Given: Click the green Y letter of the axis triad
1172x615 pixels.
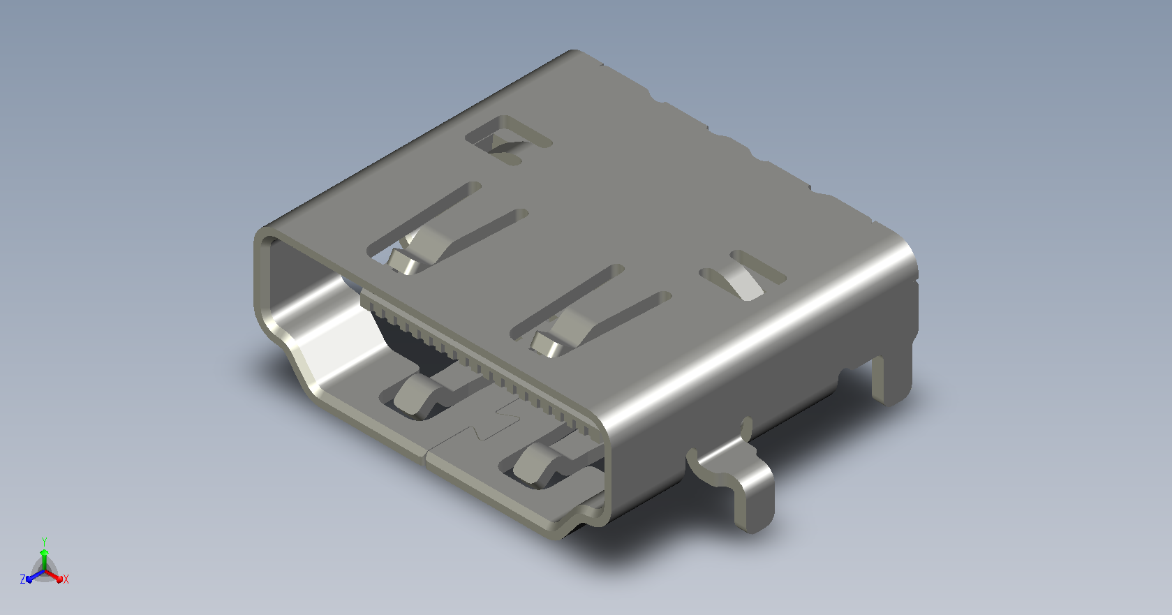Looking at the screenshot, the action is (x=45, y=542).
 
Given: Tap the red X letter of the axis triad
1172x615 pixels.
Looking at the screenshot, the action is (x=66, y=579).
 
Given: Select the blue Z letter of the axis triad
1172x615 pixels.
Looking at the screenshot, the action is (x=22, y=579).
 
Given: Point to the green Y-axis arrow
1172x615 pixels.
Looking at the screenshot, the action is (x=45, y=560).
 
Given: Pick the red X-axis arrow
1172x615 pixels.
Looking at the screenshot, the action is (x=54, y=577).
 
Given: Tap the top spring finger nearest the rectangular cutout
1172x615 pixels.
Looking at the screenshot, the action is (x=423, y=249).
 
